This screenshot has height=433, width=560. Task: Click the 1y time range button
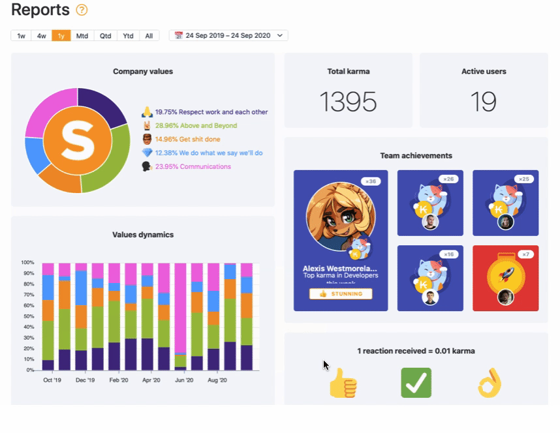click(61, 36)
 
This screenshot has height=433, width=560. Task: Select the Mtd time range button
click(82, 36)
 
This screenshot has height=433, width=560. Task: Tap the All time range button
click(149, 36)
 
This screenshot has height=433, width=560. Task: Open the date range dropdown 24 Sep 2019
click(228, 36)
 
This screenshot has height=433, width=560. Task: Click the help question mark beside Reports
click(82, 10)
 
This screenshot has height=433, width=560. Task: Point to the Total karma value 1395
click(348, 102)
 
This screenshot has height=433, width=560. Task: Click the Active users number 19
click(483, 102)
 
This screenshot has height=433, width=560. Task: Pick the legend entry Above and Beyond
click(196, 126)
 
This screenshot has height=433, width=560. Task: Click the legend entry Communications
click(193, 167)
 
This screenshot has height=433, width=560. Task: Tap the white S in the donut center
click(78, 140)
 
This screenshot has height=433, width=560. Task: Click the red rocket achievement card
click(505, 278)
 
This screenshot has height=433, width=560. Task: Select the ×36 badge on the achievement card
click(371, 181)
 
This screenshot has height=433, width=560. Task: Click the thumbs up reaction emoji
click(343, 383)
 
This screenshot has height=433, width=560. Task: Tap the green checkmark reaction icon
click(416, 383)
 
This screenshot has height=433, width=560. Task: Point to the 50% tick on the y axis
click(28, 316)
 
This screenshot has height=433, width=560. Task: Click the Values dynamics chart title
click(143, 235)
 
